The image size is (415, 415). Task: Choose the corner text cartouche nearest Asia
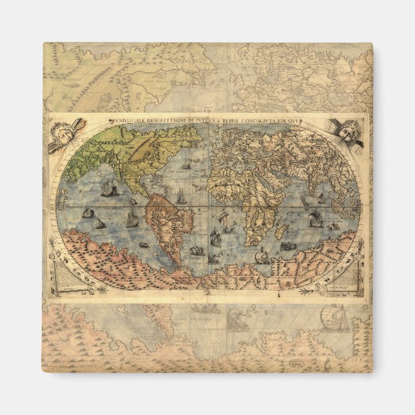pos(349,274)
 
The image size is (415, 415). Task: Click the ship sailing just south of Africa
pos(262,256)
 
